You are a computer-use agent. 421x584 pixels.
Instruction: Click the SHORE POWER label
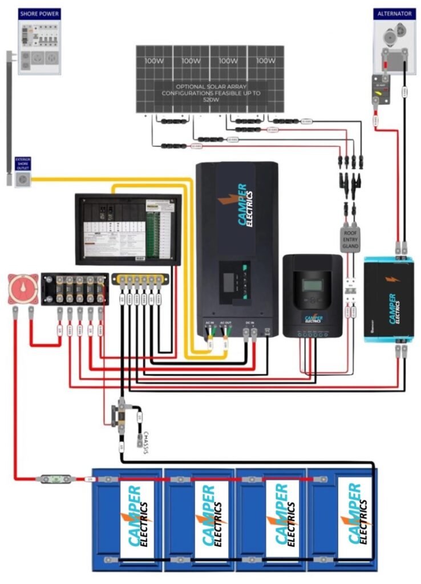pyautogui.click(x=39, y=13)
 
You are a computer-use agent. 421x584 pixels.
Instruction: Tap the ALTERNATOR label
pyautogui.click(x=390, y=13)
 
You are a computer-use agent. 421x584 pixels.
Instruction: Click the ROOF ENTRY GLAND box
pyautogui.click(x=350, y=238)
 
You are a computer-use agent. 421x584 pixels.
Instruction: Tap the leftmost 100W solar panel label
pyautogui.click(x=153, y=60)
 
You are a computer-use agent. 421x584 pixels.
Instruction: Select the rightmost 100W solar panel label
pyautogui.click(x=265, y=60)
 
